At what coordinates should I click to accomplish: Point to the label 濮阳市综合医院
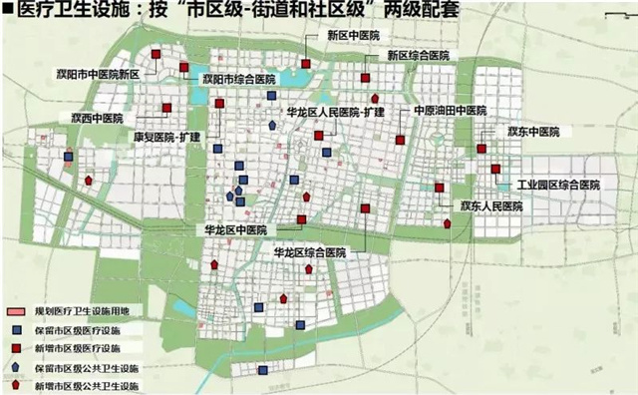[x=236, y=79]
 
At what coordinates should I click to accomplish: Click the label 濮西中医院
[x=96, y=118]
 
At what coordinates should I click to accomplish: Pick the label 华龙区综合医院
[x=309, y=254]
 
